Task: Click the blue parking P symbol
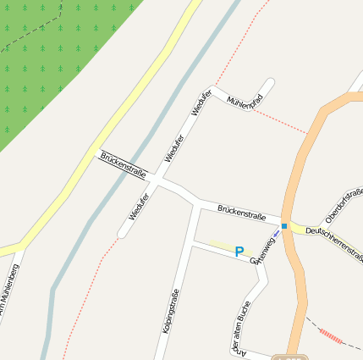tap(239, 252)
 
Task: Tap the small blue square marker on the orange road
tap(285, 226)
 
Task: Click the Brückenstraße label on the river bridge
tap(124, 164)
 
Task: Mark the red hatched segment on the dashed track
tap(331, 335)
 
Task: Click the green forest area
tap(51, 59)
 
